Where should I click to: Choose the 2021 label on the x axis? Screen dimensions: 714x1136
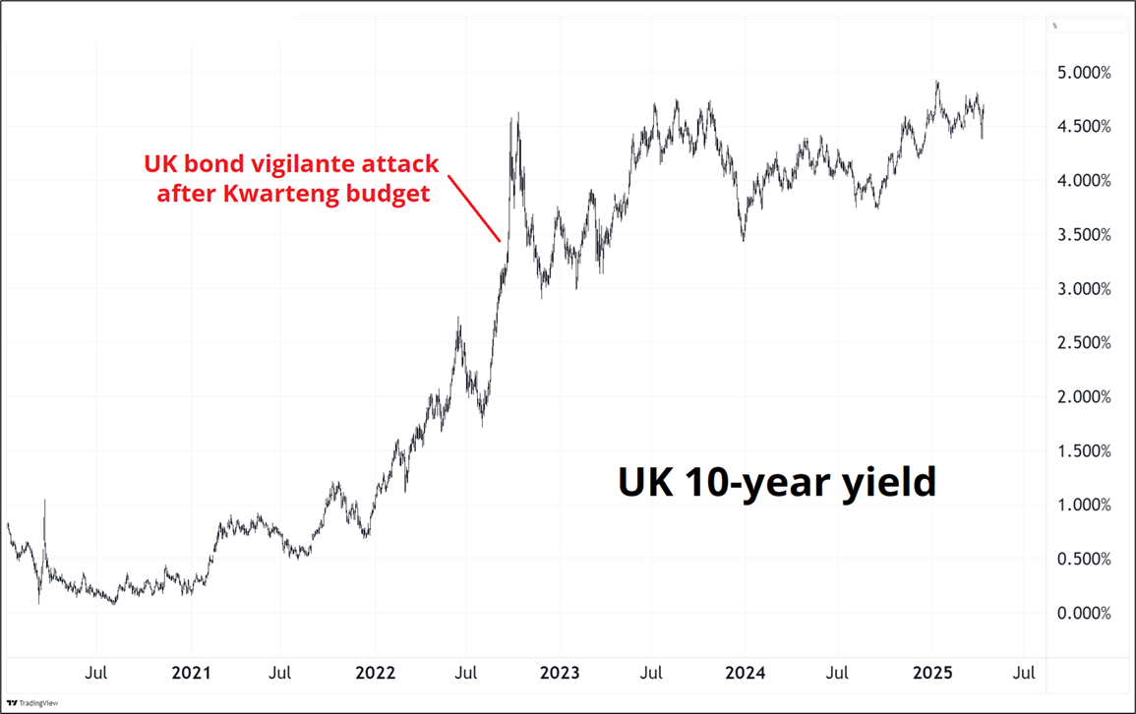(191, 674)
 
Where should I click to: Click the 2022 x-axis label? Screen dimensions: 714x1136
(375, 674)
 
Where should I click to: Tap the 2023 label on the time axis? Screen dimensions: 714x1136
(560, 674)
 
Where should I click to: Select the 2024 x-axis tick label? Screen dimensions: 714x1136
(744, 674)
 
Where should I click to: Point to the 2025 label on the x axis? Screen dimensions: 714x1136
(929, 674)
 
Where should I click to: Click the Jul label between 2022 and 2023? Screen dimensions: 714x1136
(466, 674)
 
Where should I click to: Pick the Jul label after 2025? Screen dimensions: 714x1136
(1023, 674)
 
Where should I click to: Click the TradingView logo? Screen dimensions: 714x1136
(31, 702)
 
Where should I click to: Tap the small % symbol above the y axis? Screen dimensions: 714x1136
(1054, 26)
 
